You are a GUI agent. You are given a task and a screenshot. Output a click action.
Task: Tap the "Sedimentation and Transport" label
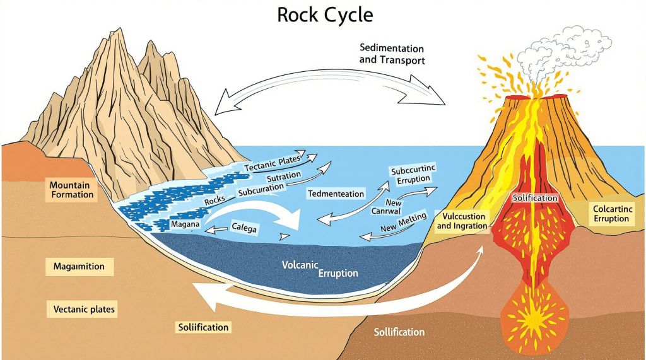point(391,54)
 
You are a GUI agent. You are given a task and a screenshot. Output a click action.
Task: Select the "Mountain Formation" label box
point(71,189)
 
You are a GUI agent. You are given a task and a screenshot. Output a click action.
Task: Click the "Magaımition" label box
point(79,267)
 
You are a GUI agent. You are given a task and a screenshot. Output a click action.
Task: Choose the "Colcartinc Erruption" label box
point(611,213)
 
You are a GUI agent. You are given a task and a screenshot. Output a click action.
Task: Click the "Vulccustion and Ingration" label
point(461,221)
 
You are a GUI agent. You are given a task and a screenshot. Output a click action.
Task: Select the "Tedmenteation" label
point(336,194)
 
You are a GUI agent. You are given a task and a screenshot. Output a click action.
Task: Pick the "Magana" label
point(185,224)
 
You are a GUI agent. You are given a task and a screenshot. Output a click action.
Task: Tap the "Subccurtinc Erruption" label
point(413,175)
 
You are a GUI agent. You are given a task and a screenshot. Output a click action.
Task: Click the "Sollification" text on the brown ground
point(399,332)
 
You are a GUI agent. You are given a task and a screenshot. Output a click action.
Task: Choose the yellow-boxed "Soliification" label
point(202,327)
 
